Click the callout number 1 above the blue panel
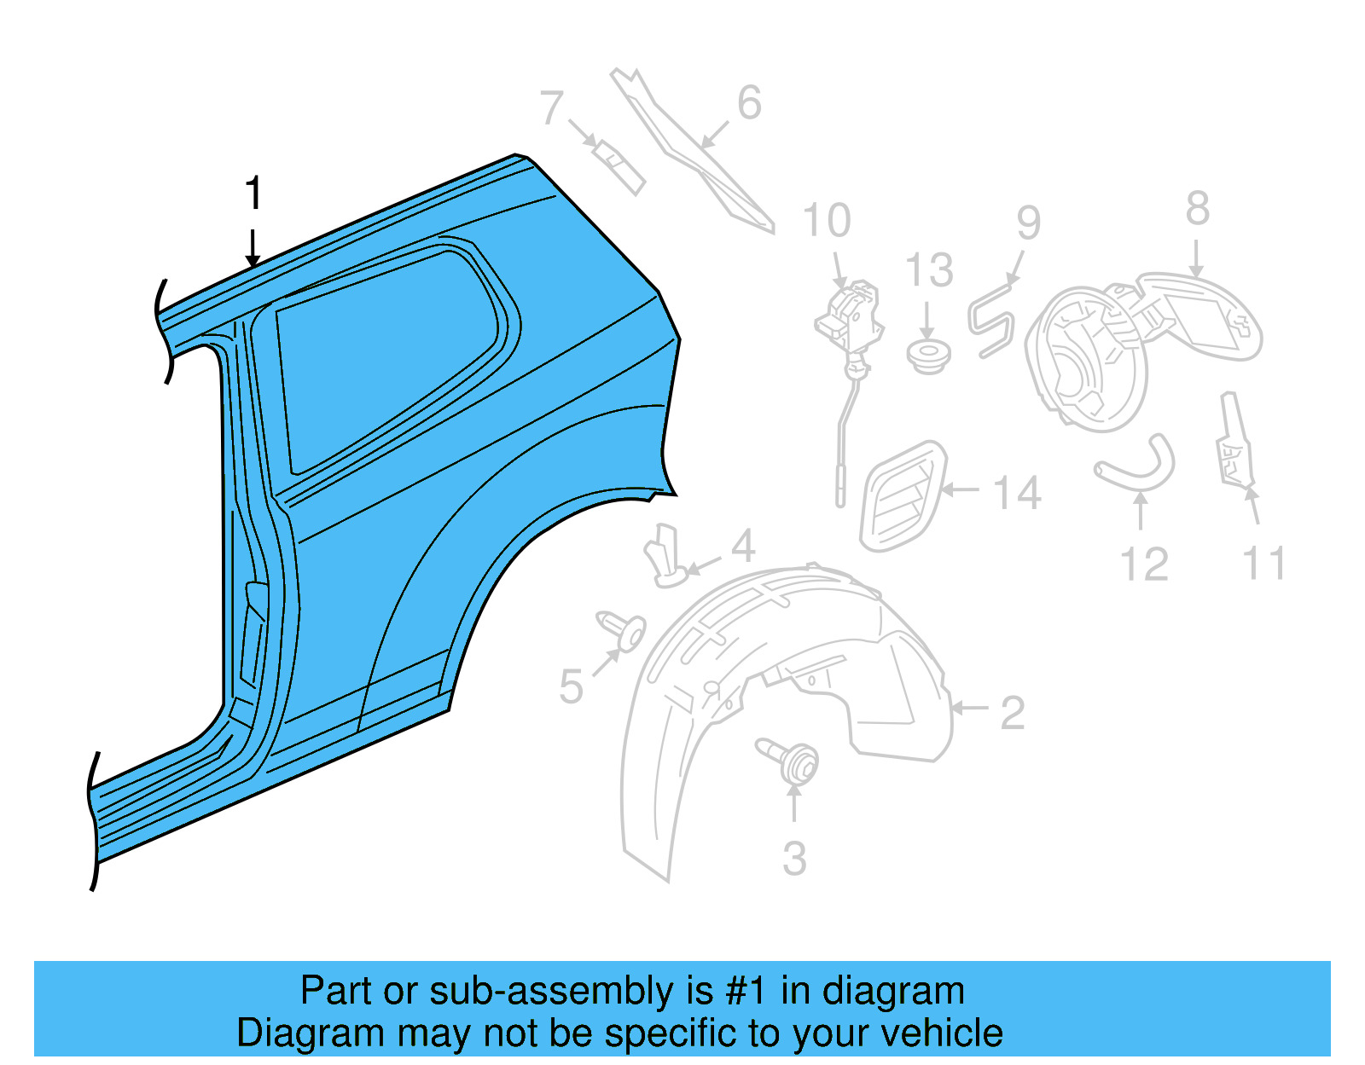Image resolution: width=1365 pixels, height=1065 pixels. tap(253, 194)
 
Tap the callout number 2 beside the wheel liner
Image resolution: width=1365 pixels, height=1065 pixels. tap(1012, 713)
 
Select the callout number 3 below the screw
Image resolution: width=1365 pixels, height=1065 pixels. tap(794, 858)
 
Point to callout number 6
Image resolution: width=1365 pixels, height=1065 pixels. tap(749, 103)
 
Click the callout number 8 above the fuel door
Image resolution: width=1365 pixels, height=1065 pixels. tap(1197, 209)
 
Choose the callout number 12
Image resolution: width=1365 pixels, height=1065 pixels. tap(1143, 564)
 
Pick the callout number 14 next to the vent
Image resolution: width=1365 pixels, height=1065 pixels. tap(1018, 493)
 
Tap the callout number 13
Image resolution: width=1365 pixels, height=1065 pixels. tap(928, 270)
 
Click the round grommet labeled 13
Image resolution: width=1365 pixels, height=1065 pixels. tap(928, 355)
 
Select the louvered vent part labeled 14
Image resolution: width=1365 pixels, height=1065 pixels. tap(903, 495)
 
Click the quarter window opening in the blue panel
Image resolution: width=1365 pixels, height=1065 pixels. tap(384, 358)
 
